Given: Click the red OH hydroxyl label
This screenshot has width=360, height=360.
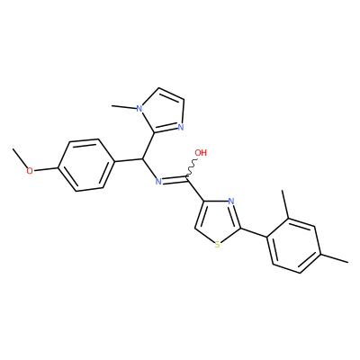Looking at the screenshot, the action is pyautogui.click(x=201, y=153).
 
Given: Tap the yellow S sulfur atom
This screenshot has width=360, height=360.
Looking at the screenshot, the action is pyautogui.click(x=218, y=245).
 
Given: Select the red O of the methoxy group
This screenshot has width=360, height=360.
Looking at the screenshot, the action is pyautogui.click(x=30, y=171).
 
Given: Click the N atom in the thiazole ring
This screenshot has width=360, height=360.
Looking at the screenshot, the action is pyautogui.click(x=230, y=201).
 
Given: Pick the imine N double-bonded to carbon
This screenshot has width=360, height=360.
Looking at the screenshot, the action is pyautogui.click(x=158, y=181).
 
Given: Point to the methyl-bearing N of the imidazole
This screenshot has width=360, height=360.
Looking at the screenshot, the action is pyautogui.click(x=139, y=108).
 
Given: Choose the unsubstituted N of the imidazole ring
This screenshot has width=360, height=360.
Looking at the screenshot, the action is pyautogui.click(x=181, y=127).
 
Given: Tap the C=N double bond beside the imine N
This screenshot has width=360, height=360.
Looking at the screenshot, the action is pyautogui.click(x=175, y=180).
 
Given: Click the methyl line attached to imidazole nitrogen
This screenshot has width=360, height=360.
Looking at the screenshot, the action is pyautogui.click(x=123, y=106).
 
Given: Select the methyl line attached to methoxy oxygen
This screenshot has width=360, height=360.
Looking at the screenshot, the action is pyautogui.click(x=20, y=158).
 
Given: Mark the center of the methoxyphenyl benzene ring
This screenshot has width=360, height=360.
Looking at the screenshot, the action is pyautogui.click(x=86, y=166).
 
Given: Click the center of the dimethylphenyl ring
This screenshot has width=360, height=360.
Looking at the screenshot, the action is pyautogui.click(x=295, y=246).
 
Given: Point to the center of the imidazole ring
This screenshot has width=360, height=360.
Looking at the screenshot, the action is pyautogui.click(x=163, y=112).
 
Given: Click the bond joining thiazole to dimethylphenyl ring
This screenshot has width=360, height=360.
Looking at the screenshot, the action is pyautogui.click(x=254, y=233).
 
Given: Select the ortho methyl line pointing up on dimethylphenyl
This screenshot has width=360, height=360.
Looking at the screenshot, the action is pyautogui.click(x=285, y=204).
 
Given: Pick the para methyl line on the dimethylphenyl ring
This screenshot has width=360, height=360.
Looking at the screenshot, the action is pyautogui.click(x=336, y=258).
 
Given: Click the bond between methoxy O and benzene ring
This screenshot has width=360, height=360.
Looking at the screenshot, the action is pyautogui.click(x=46, y=169).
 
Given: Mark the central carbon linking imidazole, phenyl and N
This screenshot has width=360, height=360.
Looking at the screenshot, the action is pyautogui.click(x=142, y=158).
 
